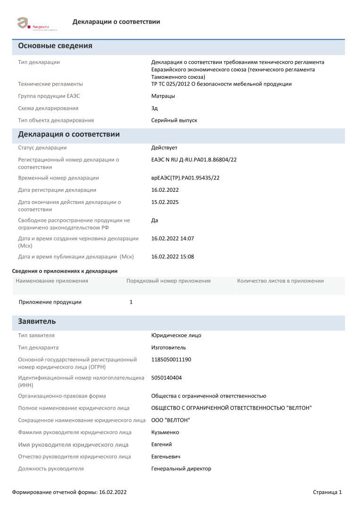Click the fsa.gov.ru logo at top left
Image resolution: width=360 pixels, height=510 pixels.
click(36, 23)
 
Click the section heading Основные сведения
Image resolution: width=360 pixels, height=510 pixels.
click(55, 46)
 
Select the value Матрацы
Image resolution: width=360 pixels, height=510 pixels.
click(163, 96)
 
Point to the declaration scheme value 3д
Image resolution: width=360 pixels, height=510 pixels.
click(154, 108)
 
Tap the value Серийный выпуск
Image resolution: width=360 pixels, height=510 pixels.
click(174, 120)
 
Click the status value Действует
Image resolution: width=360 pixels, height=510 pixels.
click(164, 148)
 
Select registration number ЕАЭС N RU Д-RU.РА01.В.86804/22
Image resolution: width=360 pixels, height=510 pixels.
click(193, 160)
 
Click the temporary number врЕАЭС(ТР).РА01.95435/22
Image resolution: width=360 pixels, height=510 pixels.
click(185, 178)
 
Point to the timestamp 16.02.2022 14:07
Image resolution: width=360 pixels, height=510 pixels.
click(172, 238)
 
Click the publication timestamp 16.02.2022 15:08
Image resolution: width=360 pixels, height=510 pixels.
click(172, 257)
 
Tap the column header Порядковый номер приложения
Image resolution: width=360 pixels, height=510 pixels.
click(168, 281)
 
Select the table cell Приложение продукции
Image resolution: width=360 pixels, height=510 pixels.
click(50, 302)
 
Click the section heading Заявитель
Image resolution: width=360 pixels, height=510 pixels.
click(37, 322)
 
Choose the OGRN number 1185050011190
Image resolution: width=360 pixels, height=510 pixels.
click(171, 360)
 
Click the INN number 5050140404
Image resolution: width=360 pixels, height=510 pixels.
click(167, 378)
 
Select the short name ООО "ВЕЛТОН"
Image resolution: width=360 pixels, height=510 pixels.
click(171, 420)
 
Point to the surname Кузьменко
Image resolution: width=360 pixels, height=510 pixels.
click(165, 433)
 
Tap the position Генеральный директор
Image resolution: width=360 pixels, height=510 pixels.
click(181, 469)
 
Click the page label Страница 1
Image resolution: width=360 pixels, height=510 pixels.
click(327, 492)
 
